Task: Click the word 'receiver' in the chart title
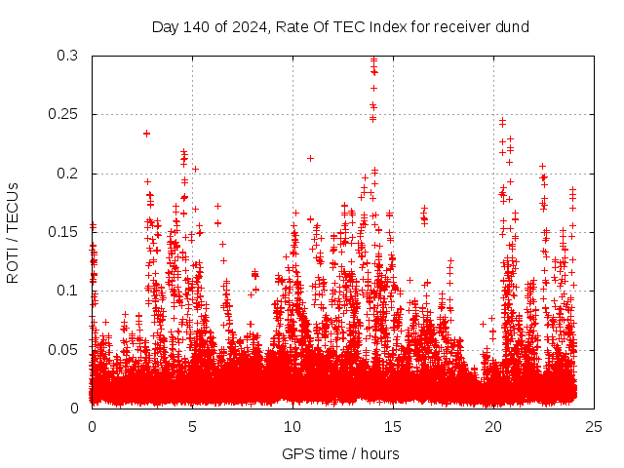coord(457,27)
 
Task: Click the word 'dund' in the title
coord(510,27)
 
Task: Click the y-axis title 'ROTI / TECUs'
coord(13,232)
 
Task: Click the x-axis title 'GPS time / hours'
coord(340,453)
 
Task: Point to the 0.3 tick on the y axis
coord(67,57)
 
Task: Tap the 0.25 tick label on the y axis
coord(63,115)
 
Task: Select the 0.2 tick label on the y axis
coord(67,174)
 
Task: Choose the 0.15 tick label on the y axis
coord(63,232)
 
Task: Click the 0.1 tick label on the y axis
coord(67,291)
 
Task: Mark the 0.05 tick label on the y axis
coord(63,349)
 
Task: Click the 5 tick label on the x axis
coord(192,427)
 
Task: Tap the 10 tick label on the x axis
coord(292,427)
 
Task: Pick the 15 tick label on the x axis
coord(393,427)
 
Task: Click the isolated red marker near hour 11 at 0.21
coord(310,158)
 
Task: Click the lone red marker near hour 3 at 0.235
coord(146,134)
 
